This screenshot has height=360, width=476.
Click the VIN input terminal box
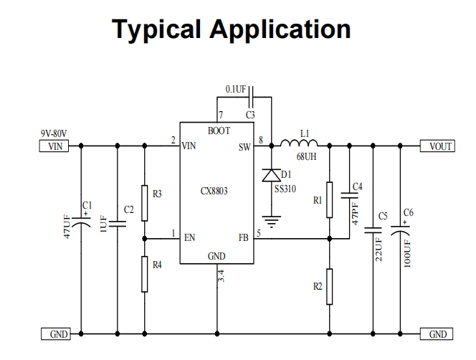pyautogui.click(x=54, y=146)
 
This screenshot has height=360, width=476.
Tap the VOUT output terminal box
pyautogui.click(x=437, y=146)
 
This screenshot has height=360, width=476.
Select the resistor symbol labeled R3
pyautogui.click(x=145, y=203)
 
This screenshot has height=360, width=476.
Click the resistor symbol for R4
pyautogui.click(x=145, y=275)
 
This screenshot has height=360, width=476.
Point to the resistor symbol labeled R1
pyautogui.click(x=329, y=200)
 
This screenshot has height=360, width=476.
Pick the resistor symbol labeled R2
pyautogui.click(x=329, y=286)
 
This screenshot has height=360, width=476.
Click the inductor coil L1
pyautogui.click(x=299, y=143)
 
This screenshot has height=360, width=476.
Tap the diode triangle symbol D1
pyautogui.click(x=272, y=175)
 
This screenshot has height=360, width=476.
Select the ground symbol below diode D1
pyautogui.click(x=272, y=222)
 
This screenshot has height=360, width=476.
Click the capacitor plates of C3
pyautogui.click(x=251, y=97)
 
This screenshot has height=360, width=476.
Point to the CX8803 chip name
pyautogui.click(x=214, y=191)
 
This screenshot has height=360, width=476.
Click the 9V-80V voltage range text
pyautogui.click(x=54, y=133)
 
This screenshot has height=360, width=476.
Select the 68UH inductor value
pyautogui.click(x=306, y=156)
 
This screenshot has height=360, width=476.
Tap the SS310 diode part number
pyautogui.click(x=285, y=189)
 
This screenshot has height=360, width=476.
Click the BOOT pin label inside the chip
pyautogui.click(x=219, y=131)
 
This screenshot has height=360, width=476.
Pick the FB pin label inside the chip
pyautogui.click(x=244, y=237)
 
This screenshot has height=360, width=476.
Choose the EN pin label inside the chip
pyautogui.click(x=189, y=237)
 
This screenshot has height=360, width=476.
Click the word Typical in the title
pyautogui.click(x=156, y=30)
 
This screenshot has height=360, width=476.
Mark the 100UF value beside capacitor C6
pyautogui.click(x=407, y=254)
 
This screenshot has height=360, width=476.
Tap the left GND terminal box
pyautogui.click(x=56, y=334)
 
